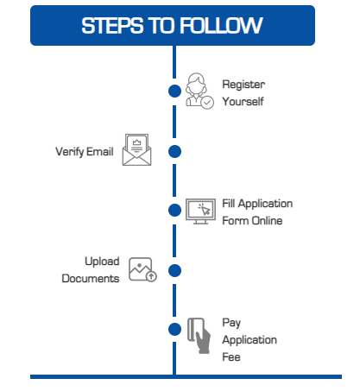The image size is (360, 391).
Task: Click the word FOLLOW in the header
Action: pos(221,25)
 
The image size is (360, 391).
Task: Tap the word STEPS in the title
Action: pos(112,25)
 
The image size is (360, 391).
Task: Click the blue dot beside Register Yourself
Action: pos(174,91)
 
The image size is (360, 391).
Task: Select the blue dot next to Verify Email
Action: pos(174,151)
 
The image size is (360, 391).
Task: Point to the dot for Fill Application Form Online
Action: pos(174,210)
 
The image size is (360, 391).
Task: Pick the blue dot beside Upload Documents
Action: pos(174,270)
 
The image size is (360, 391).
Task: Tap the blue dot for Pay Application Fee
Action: pos(174,330)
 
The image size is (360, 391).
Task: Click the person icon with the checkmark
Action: pos(199,91)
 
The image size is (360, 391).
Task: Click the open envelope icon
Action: pos(136,149)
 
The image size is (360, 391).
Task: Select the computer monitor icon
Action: pos(200,211)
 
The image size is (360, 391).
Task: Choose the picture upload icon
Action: pos(142,269)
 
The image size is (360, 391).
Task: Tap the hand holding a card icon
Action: pos(199,335)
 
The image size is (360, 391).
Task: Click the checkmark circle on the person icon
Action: pos(207,103)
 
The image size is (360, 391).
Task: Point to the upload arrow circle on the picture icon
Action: pos(151,276)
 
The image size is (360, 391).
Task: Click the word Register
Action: pos(243,85)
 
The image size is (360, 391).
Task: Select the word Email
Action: pos(100,151)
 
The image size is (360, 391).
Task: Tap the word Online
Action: pos(267,221)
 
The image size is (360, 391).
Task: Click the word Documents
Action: pos(91,279)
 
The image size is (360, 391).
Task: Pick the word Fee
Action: pos(231,357)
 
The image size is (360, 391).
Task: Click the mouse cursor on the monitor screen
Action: pos(205,210)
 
